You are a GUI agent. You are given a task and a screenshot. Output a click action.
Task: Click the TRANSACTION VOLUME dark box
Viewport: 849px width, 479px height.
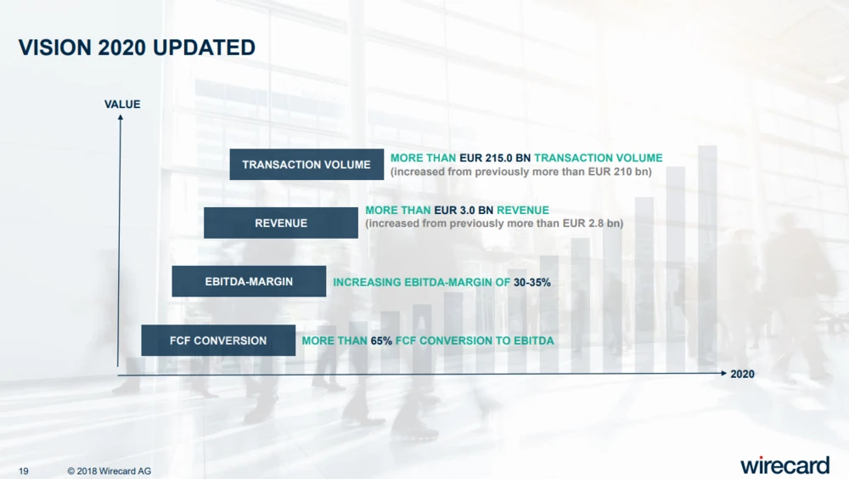(306, 164)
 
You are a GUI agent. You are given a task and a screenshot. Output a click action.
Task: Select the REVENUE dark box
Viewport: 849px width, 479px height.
(281, 223)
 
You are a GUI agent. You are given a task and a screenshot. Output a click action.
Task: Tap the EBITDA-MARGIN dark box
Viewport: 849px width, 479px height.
(249, 281)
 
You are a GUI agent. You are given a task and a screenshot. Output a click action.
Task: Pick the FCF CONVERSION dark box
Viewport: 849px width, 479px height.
(218, 341)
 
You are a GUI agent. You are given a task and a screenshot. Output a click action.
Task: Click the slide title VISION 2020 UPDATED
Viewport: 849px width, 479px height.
(137, 48)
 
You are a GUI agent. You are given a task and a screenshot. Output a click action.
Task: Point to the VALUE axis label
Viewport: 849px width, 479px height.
(122, 104)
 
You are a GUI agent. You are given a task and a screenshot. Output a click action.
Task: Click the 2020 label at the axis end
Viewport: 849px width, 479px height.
(742, 374)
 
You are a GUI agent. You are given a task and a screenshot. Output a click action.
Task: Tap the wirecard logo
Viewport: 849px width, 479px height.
(784, 465)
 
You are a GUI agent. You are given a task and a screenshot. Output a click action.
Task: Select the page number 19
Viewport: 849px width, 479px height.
(24, 471)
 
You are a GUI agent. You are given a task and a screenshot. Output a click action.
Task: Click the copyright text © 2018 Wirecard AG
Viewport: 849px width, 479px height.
(110, 471)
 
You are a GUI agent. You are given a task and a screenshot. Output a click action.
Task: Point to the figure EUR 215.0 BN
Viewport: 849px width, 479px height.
(495, 158)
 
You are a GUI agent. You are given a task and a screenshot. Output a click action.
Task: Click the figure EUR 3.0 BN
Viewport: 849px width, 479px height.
(464, 210)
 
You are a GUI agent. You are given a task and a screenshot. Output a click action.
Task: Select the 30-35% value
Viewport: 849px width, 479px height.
(532, 282)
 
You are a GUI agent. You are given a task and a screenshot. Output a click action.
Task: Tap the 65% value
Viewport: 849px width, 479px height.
(381, 341)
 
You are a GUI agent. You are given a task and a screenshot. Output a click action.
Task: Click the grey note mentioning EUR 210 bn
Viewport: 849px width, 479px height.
(521, 172)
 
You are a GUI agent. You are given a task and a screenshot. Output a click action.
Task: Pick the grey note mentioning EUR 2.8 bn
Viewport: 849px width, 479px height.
(494, 223)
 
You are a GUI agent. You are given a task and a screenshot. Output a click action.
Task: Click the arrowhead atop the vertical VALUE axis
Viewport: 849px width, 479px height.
(121, 117)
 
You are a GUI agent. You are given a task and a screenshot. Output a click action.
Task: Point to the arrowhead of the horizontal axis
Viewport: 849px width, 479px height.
(722, 373)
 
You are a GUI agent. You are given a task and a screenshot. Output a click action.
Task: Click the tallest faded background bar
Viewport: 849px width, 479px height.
(708, 258)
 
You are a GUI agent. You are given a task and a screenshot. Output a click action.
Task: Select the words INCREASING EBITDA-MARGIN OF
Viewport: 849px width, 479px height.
(421, 282)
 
